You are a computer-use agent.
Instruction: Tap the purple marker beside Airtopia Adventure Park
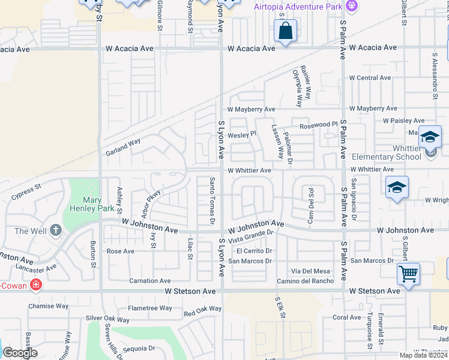coord(352,6)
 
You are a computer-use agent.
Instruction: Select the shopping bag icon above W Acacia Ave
coord(286,30)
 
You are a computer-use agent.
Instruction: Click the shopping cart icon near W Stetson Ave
coord(409,274)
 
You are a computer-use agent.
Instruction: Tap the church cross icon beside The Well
coord(56,230)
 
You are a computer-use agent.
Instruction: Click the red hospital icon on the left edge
coord(36,284)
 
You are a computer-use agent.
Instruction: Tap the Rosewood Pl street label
coord(315,125)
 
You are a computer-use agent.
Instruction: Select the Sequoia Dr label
coord(139,348)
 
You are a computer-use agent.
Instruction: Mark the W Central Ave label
coord(370,78)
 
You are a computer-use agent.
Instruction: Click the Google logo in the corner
coord(20,353)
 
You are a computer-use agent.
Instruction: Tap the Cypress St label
coord(26,191)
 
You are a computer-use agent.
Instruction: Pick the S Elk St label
coord(279,307)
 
